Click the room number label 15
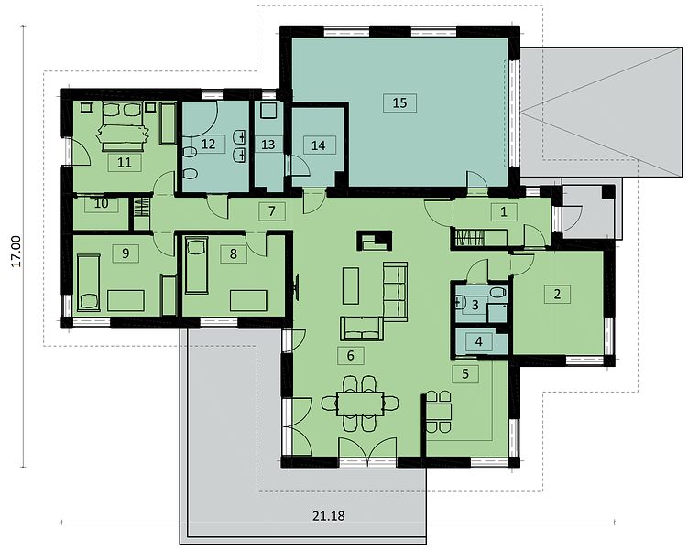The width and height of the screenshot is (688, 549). pyautogui.click(x=399, y=103)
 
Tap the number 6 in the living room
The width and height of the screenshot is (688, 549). pyautogui.click(x=350, y=355)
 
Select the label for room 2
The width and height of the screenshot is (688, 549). pyautogui.click(x=557, y=294)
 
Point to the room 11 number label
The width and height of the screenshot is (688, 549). pyautogui.click(x=125, y=163)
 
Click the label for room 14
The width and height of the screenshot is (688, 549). pyautogui.click(x=319, y=145)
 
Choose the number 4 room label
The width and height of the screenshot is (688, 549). pyautogui.click(x=479, y=341)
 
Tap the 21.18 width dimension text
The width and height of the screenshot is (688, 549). pyautogui.click(x=329, y=516)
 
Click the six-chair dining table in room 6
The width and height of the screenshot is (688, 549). pyautogui.click(x=360, y=404)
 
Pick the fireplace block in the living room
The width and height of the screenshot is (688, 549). pyautogui.click(x=376, y=241)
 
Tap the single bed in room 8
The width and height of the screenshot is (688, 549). pyautogui.click(x=197, y=265)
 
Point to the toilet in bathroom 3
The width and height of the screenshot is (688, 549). pyautogui.click(x=497, y=292)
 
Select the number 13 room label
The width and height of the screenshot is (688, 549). pyautogui.click(x=268, y=145)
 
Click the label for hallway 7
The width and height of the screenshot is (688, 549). pyautogui.click(x=272, y=211)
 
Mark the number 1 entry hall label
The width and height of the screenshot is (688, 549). pyautogui.click(x=504, y=212)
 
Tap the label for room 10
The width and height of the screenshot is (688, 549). pyautogui.click(x=102, y=204)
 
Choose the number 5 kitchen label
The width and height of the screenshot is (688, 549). pyautogui.click(x=465, y=373)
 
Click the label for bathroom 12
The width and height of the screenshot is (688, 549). pyautogui.click(x=209, y=144)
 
